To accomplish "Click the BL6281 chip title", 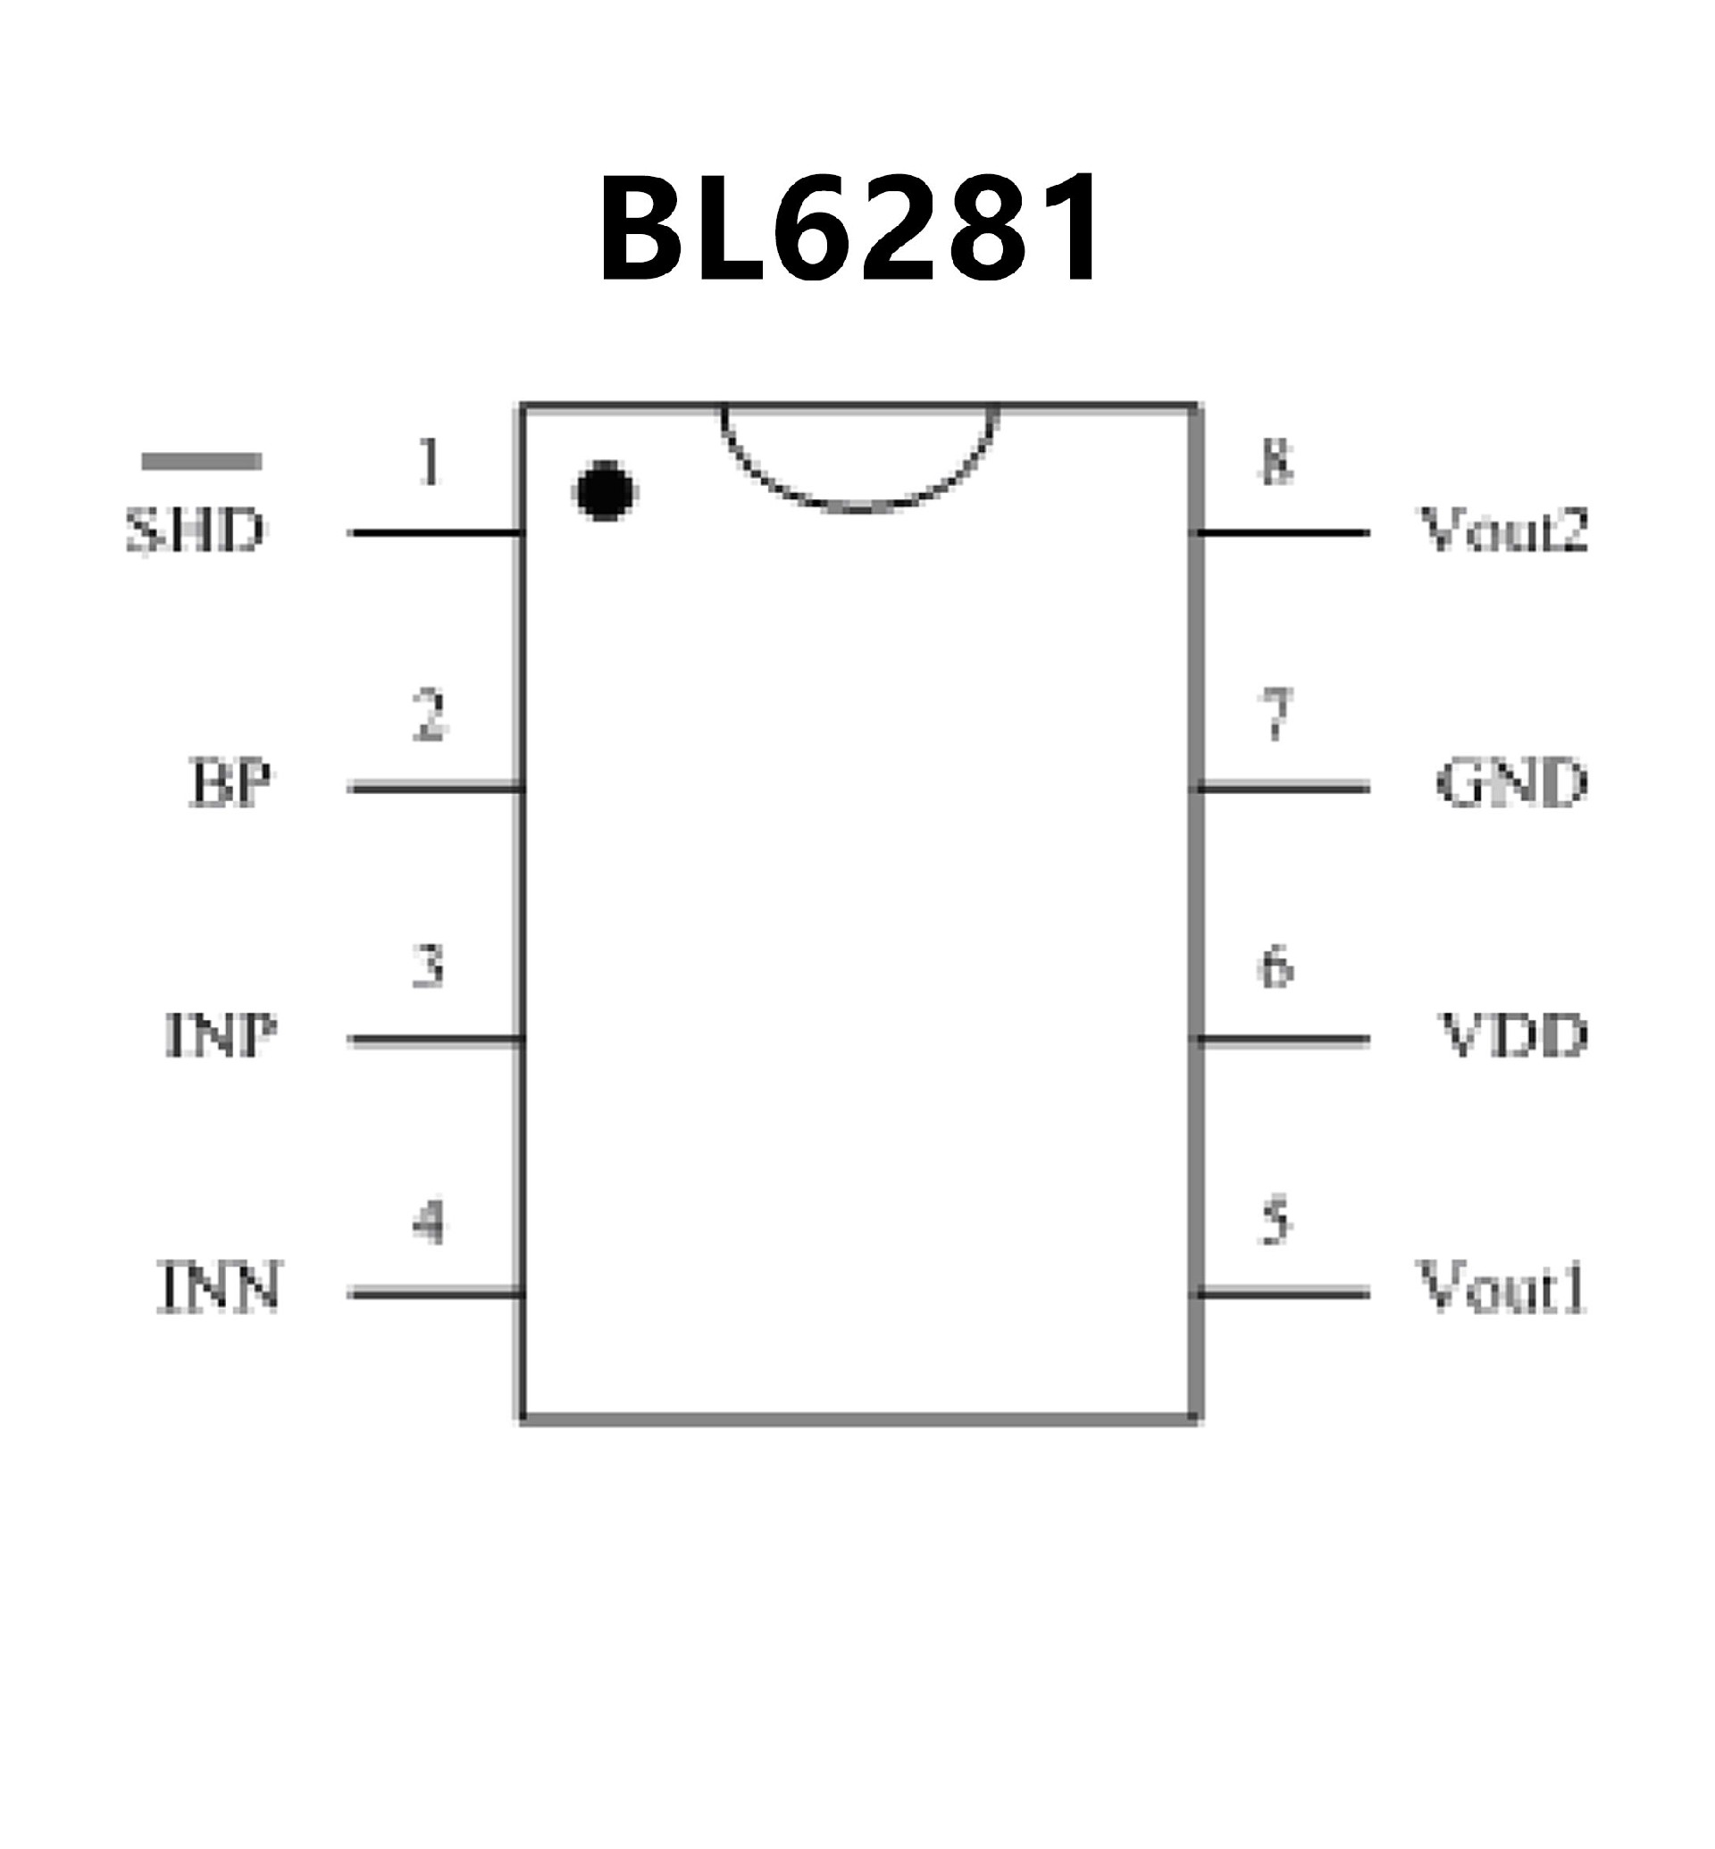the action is click(x=850, y=229).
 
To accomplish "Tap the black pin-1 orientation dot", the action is click(x=605, y=490).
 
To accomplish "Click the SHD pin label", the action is click(x=195, y=531).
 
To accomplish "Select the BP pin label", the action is click(x=231, y=782).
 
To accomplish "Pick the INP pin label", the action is click(x=221, y=1035).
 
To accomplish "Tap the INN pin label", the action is click(x=219, y=1287).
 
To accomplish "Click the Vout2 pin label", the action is click(x=1503, y=531).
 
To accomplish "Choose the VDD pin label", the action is click(x=1514, y=1035).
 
